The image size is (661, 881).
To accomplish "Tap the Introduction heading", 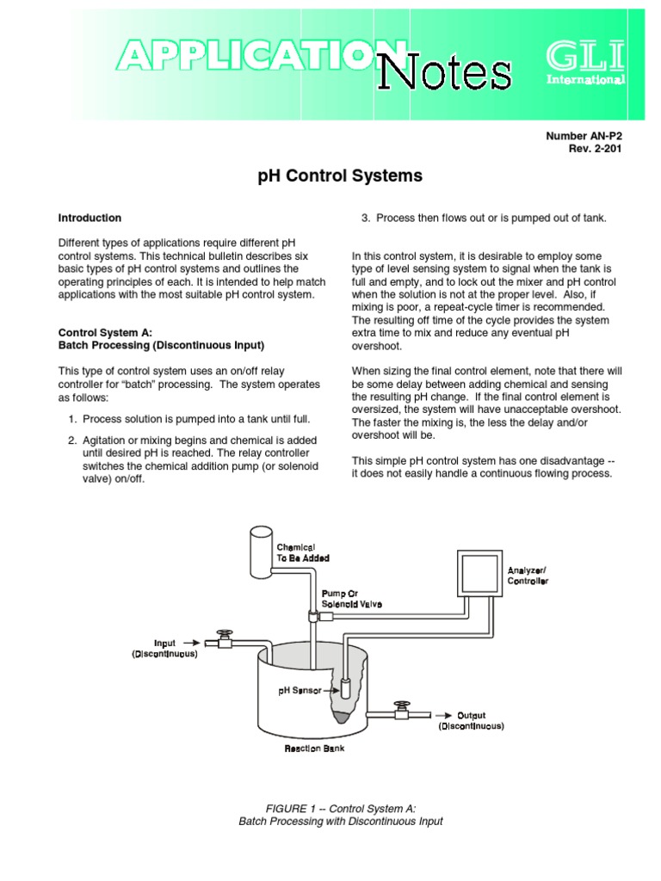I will point(90,218).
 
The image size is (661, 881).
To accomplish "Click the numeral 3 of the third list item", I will point(365,218).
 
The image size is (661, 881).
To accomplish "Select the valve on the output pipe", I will point(400,711).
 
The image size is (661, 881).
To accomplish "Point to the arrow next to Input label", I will point(193,642).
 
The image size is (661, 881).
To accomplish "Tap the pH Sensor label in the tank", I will point(300,690).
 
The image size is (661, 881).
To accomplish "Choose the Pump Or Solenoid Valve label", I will point(351,599).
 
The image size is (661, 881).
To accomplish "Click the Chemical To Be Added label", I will point(302,552).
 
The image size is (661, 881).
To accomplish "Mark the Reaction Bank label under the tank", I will point(315,749).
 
